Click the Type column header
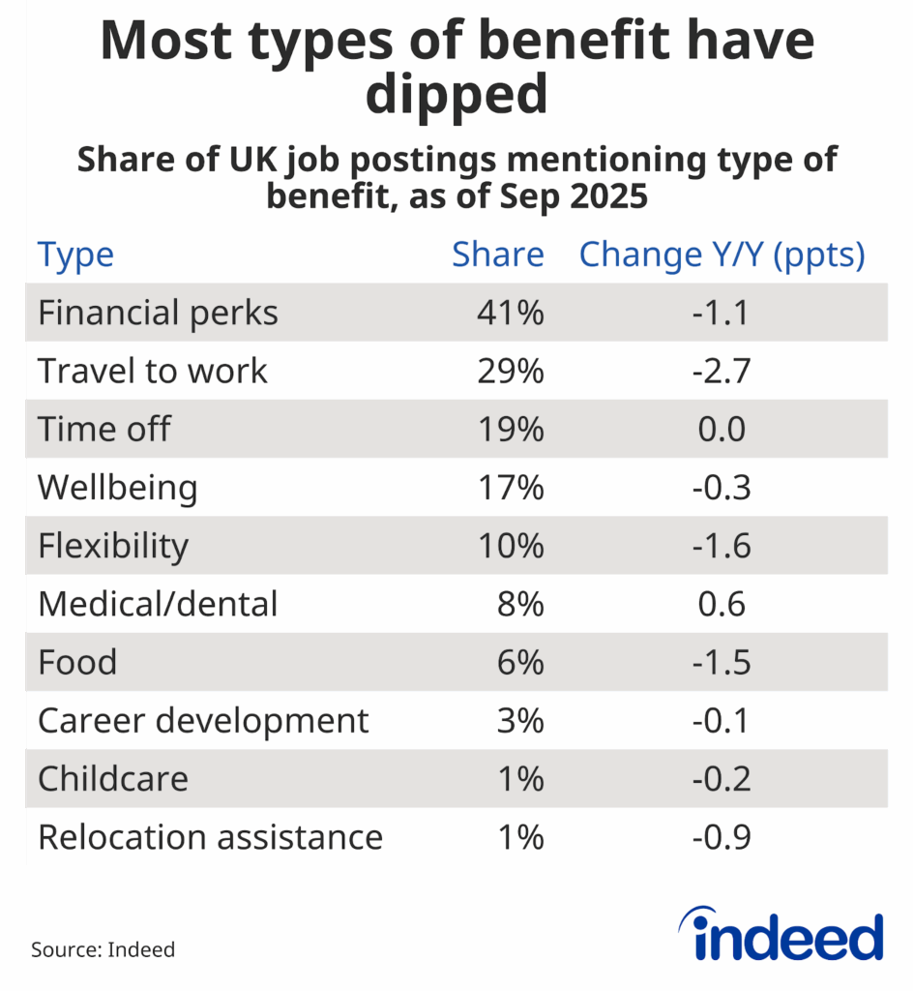coord(75,255)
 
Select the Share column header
coord(498,255)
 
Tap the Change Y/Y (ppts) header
coord(721,255)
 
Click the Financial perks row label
coord(158,313)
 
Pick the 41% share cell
coord(510,313)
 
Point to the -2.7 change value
coord(721,371)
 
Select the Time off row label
coord(103,429)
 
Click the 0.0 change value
coord(721,429)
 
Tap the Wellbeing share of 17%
coord(510,487)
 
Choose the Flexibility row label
coord(113,546)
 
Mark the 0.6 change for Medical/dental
coord(721,604)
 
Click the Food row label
coord(77,662)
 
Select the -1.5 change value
coord(721,662)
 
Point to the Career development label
coord(203,720)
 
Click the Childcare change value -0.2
coord(721,778)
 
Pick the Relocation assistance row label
coord(210,836)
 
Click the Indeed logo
coord(787,936)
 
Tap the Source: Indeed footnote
coord(103,949)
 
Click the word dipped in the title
coord(457,95)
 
